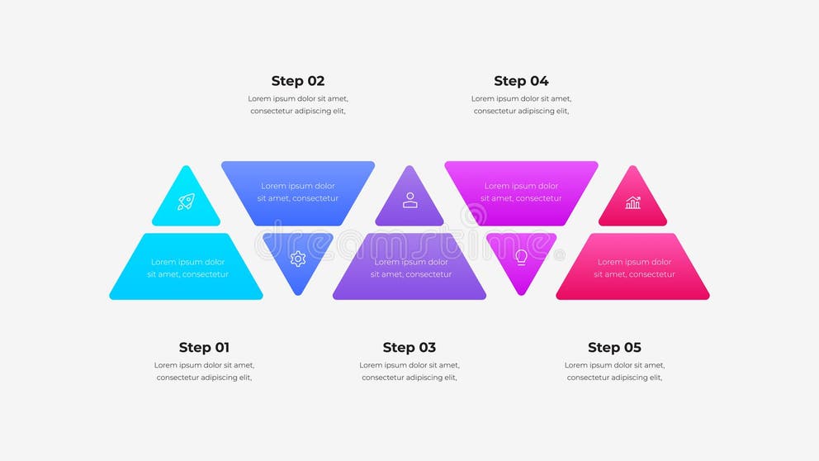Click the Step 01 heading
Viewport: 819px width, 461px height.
[x=204, y=348]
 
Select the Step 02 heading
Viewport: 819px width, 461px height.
[x=298, y=81]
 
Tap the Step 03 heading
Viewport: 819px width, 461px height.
[x=409, y=348]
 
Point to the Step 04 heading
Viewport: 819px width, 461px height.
[x=521, y=81]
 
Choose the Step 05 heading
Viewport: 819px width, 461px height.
[x=614, y=348]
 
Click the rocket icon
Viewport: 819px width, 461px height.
[x=186, y=202]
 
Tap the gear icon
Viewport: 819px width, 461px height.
[x=298, y=259]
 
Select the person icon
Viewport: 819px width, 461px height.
[x=409, y=200]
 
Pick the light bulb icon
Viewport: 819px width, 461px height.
[x=521, y=257]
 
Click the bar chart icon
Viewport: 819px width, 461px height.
[x=632, y=202]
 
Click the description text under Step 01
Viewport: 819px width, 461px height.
[x=204, y=371]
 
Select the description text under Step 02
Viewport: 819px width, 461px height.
[x=298, y=105]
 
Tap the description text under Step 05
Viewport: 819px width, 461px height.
[x=614, y=371]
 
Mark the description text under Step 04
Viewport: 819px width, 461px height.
[x=521, y=105]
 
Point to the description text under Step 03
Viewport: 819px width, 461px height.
[x=409, y=371]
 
